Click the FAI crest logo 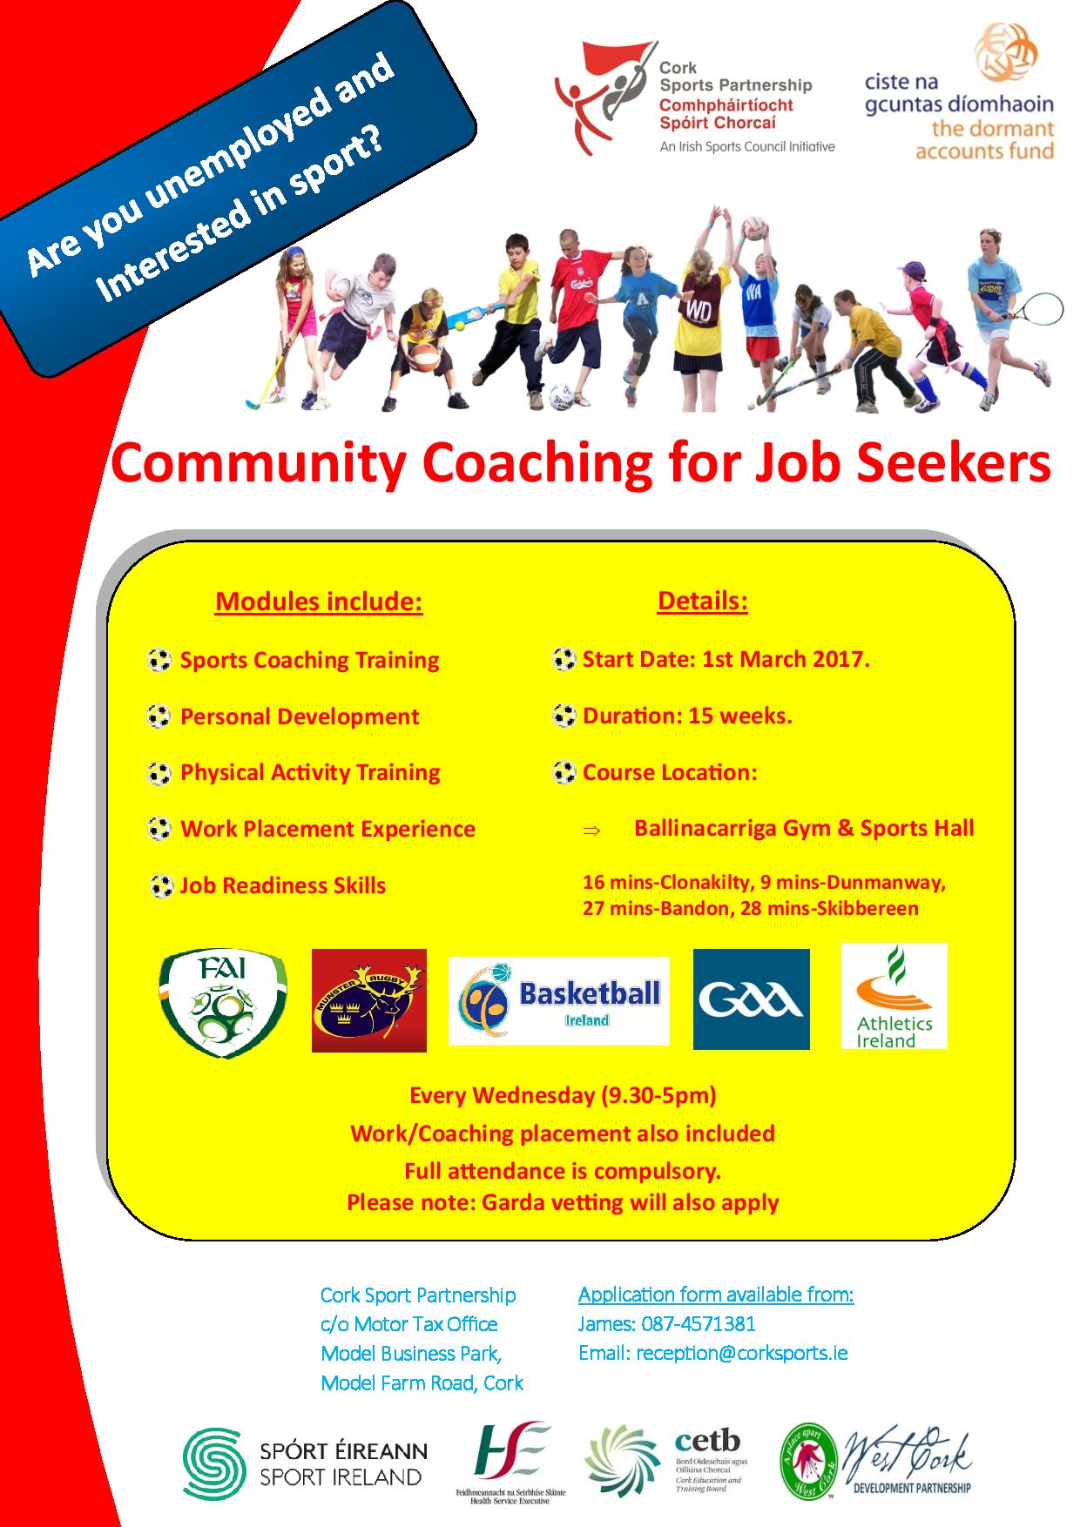click(x=224, y=1003)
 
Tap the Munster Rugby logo click(x=369, y=1000)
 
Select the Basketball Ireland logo click(x=558, y=1000)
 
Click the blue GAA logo click(x=751, y=999)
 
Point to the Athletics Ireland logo click(x=894, y=996)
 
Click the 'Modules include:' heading click(x=319, y=602)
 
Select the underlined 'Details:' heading click(x=703, y=601)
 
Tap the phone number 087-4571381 click(x=699, y=1324)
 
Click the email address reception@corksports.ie click(x=742, y=1354)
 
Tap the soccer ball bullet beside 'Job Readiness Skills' click(x=160, y=886)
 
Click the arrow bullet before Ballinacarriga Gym click(x=591, y=831)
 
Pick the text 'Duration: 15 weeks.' click(x=687, y=716)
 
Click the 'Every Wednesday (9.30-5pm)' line click(x=563, y=1095)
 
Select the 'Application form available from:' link click(x=716, y=1295)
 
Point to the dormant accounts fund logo click(x=959, y=93)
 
